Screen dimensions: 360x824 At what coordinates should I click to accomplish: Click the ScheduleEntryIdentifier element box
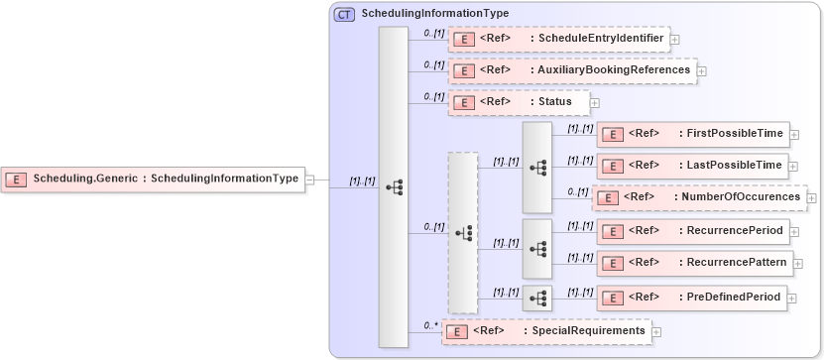(x=559, y=39)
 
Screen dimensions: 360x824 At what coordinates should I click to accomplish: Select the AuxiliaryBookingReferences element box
(x=572, y=70)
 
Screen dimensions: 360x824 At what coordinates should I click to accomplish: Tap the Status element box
(x=519, y=101)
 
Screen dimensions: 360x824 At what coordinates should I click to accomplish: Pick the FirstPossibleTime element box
(x=693, y=133)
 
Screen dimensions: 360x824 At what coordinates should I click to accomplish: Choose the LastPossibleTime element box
(x=693, y=165)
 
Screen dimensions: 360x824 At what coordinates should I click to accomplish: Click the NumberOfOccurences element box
(x=699, y=197)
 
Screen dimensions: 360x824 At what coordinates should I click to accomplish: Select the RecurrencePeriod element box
(x=693, y=231)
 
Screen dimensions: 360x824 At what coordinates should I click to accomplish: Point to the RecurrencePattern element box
(x=695, y=263)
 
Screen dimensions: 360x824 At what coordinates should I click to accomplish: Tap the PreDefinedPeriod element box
(x=693, y=297)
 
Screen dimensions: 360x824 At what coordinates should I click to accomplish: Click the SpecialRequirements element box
(x=545, y=330)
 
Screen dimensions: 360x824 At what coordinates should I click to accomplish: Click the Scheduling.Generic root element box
(x=153, y=180)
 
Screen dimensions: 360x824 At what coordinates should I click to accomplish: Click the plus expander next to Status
(x=595, y=101)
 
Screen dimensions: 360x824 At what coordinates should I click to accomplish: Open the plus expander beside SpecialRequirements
(x=655, y=331)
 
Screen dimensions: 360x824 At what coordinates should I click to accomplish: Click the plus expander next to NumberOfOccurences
(x=812, y=197)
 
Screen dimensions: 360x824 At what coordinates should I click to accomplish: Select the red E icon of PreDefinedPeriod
(x=613, y=298)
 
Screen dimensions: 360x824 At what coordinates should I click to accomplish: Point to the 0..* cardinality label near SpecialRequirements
(x=430, y=324)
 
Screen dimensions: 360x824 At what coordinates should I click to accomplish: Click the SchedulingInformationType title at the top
(x=435, y=14)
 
